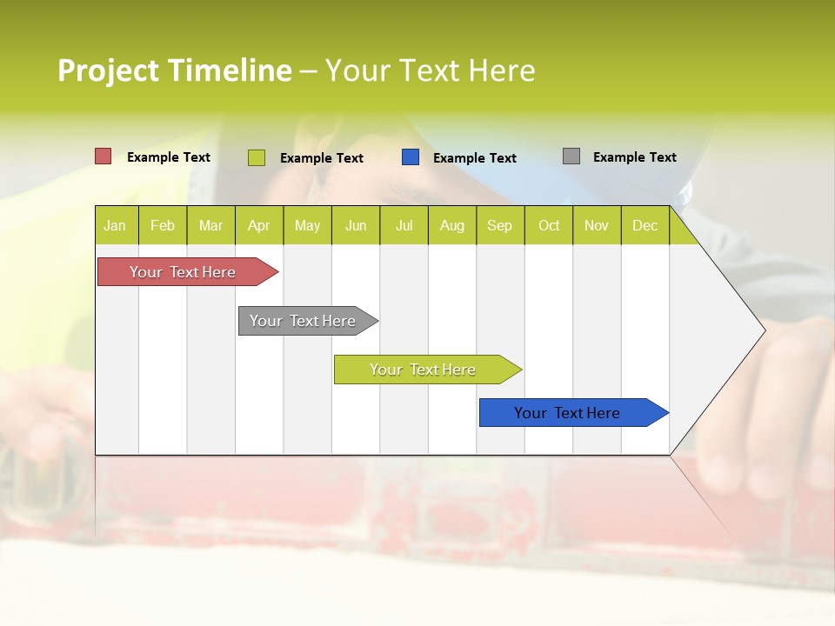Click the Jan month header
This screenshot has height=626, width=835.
click(116, 225)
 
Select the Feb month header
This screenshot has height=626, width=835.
click(163, 225)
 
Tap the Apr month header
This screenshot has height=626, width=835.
click(259, 225)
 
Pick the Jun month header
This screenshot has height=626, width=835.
click(356, 225)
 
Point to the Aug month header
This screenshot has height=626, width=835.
click(452, 225)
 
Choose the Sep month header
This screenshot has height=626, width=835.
click(500, 225)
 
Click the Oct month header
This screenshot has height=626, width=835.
click(549, 225)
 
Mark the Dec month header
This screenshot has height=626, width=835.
click(645, 225)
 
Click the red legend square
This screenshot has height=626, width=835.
click(104, 156)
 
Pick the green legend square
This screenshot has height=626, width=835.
click(257, 157)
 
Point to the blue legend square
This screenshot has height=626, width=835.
click(411, 157)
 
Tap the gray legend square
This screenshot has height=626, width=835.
click(571, 156)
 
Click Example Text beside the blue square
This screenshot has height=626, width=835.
click(475, 158)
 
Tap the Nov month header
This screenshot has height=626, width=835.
click(597, 225)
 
